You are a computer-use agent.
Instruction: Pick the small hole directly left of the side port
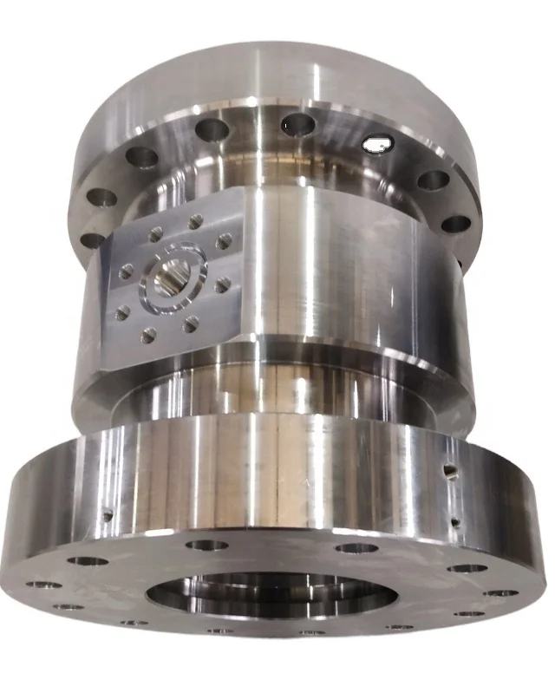127,272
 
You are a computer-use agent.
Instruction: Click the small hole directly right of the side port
222,284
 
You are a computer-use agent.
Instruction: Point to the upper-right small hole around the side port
225,241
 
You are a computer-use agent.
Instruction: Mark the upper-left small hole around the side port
156,234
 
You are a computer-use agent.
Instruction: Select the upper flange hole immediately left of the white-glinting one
297,124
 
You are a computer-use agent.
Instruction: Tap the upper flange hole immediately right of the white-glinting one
433,180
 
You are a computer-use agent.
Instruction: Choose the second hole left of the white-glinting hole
212,130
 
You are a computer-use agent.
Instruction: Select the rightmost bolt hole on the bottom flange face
500,594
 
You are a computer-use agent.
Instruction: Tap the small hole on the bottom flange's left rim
108,516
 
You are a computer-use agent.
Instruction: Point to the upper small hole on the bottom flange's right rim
448,471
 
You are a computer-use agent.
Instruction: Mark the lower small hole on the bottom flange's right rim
454,522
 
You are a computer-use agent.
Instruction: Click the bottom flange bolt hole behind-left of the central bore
207,546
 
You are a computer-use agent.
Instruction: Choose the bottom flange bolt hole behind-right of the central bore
356,548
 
